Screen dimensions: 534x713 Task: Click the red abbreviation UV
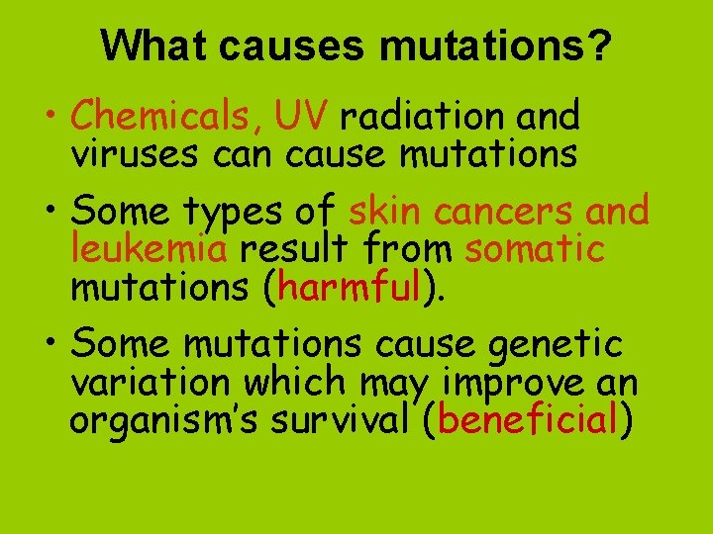(301, 118)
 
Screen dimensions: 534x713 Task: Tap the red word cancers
(510, 211)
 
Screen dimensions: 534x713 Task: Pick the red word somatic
(534, 248)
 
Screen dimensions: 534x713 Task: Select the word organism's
(160, 419)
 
